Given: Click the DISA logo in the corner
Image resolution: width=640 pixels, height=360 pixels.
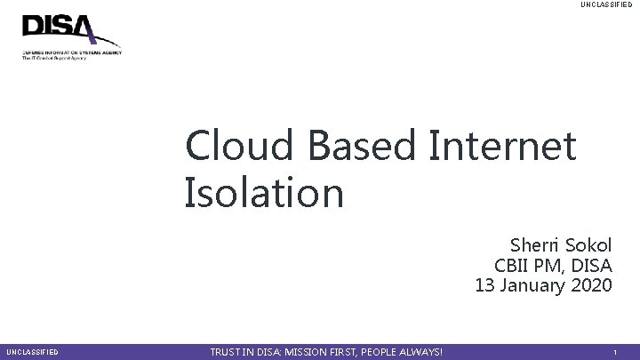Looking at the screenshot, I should pyautogui.click(x=70, y=36).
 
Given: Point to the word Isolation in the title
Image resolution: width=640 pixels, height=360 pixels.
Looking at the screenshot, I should pyautogui.click(x=263, y=193).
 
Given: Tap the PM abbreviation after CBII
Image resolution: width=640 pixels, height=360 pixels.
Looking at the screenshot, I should pyautogui.click(x=549, y=266).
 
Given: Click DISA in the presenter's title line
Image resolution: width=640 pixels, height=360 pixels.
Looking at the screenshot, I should pyautogui.click(x=593, y=266).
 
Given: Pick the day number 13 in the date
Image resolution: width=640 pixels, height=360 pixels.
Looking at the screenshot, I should pyautogui.click(x=485, y=286).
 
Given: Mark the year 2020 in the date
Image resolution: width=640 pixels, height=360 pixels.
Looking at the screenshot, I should pyautogui.click(x=593, y=286).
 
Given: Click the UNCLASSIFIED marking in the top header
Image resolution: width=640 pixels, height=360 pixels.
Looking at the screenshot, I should pyautogui.click(x=606, y=5).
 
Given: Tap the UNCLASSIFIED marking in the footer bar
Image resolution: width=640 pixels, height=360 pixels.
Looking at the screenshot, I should pyautogui.click(x=32, y=353).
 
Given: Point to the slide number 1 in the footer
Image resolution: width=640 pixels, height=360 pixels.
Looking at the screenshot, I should pyautogui.click(x=615, y=353).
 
